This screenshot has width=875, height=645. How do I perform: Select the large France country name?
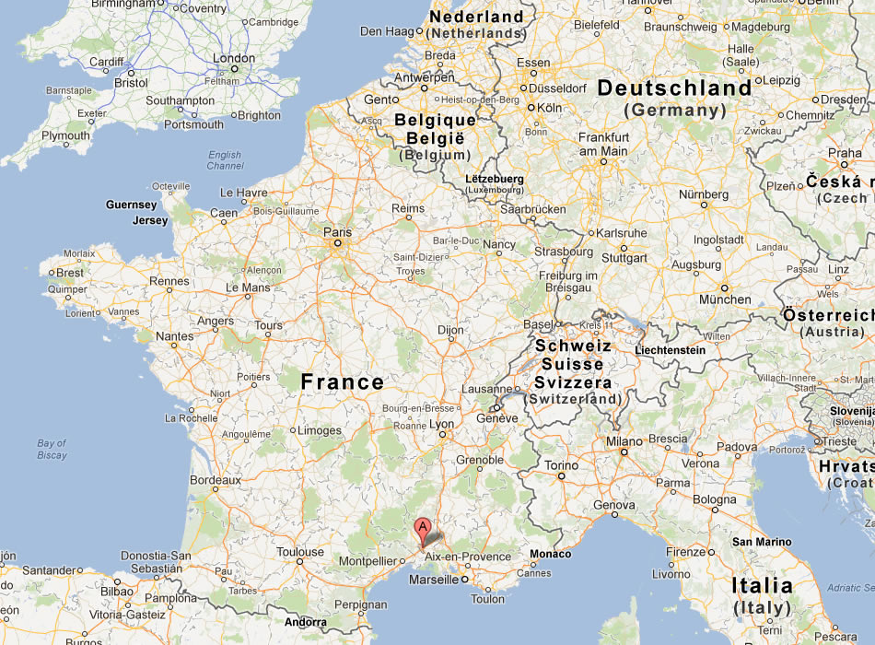343,381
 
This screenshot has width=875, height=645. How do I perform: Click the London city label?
233,58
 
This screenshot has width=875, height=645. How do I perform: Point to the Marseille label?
433,580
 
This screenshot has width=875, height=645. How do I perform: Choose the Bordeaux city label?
215,480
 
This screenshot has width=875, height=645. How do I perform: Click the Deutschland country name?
674,88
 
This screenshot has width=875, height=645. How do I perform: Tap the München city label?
725,299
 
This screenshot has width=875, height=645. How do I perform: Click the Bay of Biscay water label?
52,449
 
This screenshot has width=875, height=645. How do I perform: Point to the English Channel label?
225,160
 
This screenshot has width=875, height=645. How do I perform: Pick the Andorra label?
306,622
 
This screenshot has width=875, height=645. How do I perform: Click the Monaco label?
550,554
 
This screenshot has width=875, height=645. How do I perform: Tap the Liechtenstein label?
670,350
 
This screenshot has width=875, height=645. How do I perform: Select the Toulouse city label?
300,553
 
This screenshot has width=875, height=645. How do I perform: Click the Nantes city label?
174,336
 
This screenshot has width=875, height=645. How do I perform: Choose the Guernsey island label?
132,205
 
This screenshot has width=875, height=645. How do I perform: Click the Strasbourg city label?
564,252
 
